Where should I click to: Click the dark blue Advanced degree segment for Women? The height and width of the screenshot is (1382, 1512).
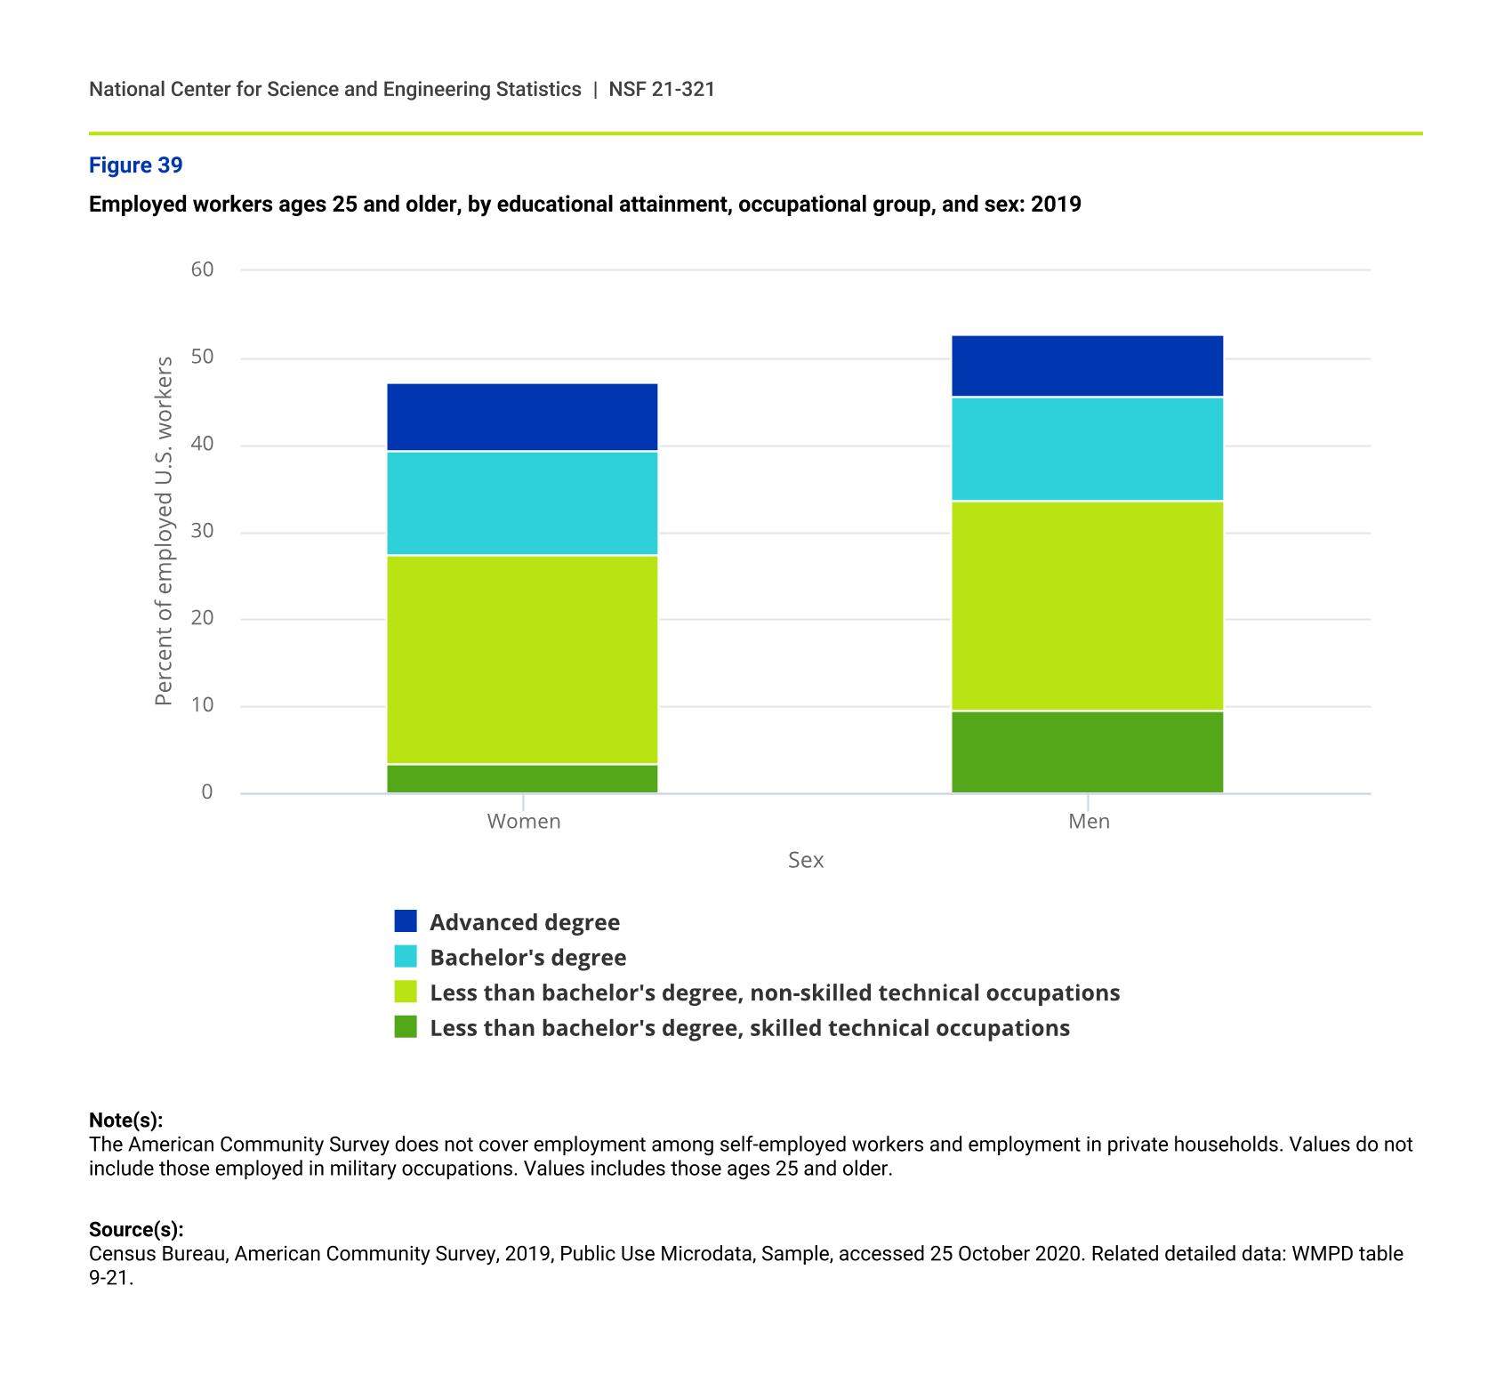coord(522,417)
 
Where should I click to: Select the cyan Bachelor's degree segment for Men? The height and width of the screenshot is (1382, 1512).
coord(1087,449)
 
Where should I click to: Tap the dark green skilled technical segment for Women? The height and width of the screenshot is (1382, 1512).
coord(522,778)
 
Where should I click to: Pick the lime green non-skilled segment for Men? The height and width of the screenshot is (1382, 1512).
coord(1087,606)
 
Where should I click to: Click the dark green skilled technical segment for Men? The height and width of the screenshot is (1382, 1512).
coord(1087,751)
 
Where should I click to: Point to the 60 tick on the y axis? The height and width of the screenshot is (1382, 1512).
coord(202,269)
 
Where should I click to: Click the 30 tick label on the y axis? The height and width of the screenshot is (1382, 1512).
coord(202,531)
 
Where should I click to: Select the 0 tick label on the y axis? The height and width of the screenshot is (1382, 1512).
coord(206,792)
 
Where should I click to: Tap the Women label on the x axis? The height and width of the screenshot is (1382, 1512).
coord(523,822)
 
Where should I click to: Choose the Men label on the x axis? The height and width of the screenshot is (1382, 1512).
coord(1089,822)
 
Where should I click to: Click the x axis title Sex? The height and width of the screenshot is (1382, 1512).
coord(806,860)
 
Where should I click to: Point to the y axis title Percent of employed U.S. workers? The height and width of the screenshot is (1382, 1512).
coord(164,531)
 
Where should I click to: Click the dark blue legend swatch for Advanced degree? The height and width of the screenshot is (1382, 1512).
coord(406,921)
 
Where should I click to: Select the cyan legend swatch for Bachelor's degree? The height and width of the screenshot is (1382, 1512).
coord(406,957)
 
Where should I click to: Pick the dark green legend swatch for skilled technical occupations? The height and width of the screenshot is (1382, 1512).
coord(406,1027)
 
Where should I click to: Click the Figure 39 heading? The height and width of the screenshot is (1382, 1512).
coord(135,165)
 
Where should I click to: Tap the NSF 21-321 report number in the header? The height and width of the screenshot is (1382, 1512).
coord(662,89)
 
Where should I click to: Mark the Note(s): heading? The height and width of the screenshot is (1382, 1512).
coord(125,1120)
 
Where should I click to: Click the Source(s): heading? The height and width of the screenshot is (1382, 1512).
coord(136,1229)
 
